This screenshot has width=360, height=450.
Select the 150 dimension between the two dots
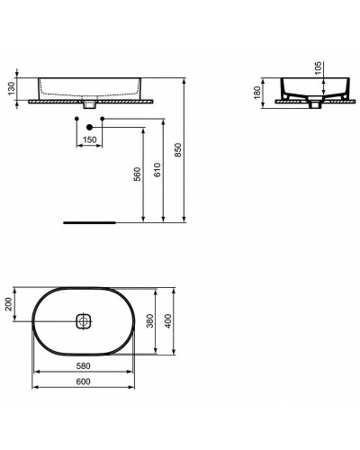point(90,139)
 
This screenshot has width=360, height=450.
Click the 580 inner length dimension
point(83,365)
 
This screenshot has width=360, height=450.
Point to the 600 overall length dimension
point(83,382)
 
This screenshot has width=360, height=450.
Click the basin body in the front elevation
point(90,88)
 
